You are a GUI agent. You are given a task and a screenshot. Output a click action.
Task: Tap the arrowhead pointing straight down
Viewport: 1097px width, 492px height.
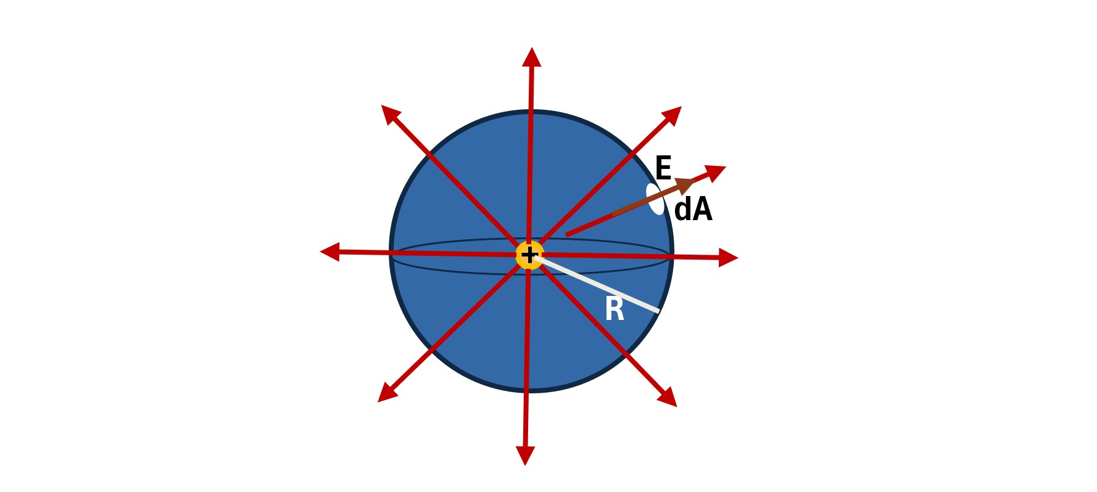(525, 456)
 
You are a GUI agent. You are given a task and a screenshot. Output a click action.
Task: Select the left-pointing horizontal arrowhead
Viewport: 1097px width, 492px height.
(330, 252)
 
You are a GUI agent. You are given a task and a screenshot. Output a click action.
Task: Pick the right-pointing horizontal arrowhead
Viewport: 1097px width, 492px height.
(729, 258)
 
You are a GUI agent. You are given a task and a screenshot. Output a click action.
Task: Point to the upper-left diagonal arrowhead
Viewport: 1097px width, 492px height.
(391, 114)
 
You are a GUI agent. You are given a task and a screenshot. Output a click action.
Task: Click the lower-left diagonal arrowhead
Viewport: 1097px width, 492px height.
(387, 393)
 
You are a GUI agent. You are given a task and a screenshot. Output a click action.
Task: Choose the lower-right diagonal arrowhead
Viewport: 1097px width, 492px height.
(668, 397)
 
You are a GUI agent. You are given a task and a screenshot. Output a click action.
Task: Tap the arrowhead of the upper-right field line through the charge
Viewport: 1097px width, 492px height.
(672, 115)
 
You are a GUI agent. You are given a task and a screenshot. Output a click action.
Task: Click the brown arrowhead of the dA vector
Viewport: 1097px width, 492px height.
(685, 185)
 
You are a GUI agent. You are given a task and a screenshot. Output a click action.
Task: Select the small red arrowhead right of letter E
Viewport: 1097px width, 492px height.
(716, 173)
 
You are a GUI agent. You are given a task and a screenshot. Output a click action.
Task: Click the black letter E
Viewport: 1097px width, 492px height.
(663, 168)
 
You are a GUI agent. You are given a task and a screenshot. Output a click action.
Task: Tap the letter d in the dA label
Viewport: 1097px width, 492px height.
(682, 210)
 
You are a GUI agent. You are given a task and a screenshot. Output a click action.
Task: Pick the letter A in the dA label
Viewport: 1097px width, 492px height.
(702, 210)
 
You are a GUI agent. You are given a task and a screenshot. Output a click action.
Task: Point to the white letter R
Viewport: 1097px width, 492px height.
(615, 309)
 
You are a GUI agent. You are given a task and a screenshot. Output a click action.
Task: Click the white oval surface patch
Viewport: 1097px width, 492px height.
(655, 199)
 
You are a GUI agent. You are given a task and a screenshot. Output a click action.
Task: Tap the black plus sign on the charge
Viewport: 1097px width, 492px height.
(529, 255)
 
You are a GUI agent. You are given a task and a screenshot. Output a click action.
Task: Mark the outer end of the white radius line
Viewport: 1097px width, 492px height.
(659, 312)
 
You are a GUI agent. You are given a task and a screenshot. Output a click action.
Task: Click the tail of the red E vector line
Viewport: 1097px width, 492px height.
(566, 235)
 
